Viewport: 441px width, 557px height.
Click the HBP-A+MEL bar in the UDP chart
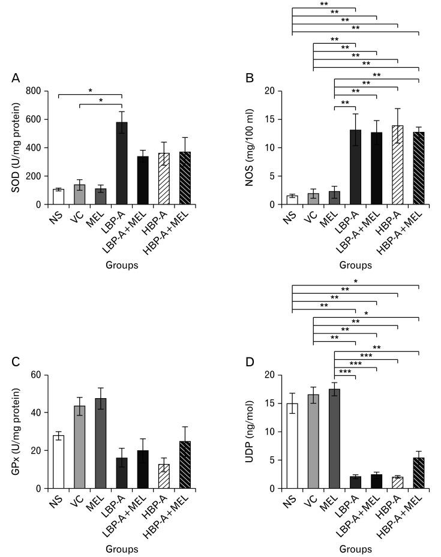(x=419, y=473)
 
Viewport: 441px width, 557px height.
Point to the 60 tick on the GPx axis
(x=38, y=375)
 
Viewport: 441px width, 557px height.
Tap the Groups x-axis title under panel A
(x=122, y=265)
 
